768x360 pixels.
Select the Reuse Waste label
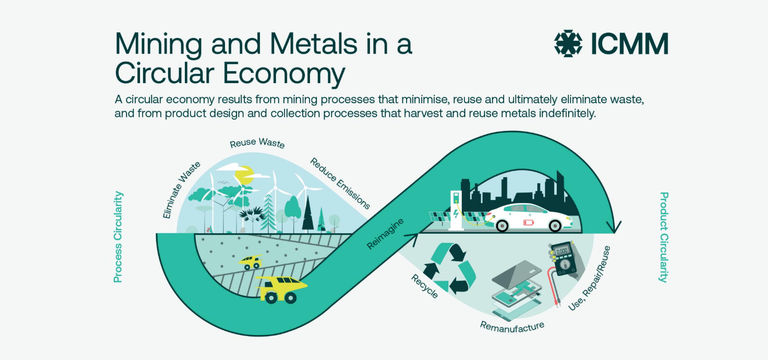pos(257,143)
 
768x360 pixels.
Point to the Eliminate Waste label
pos(181,190)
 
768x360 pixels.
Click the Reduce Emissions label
pos(340,184)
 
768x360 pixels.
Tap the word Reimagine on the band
pos(385,234)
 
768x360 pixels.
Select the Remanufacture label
pos(512,327)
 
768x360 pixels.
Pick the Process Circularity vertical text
pos(118,237)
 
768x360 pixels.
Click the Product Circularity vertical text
pos(663,237)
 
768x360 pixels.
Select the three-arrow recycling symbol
pos(449,269)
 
